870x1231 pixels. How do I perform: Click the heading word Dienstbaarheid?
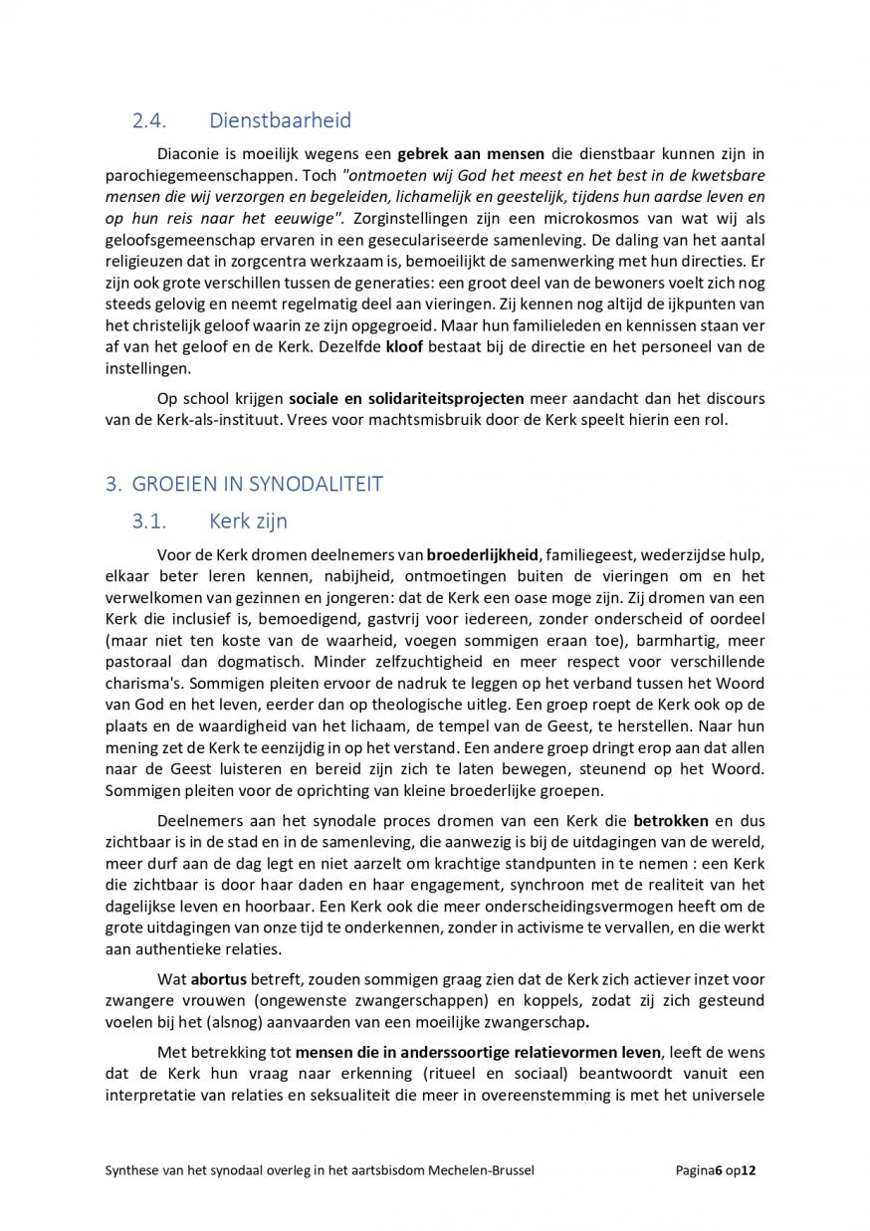(280, 121)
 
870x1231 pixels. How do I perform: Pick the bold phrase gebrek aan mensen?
(471, 154)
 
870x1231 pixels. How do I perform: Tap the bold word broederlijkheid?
(483, 554)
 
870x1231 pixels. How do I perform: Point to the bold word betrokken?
(671, 821)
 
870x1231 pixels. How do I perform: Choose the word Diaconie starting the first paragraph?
(192, 154)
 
